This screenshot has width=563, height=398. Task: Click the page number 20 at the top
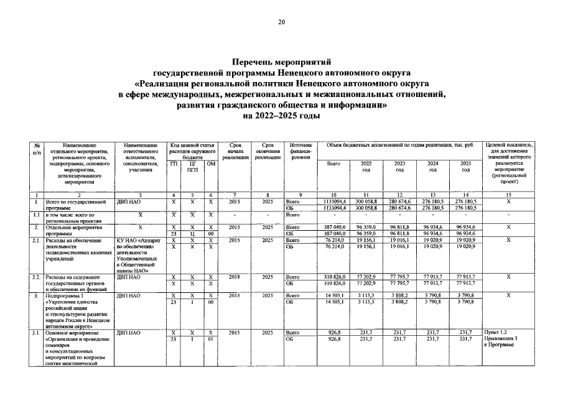tap(281, 23)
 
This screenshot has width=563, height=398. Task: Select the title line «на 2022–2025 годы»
tap(281, 115)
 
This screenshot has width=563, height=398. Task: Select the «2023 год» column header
tap(399, 167)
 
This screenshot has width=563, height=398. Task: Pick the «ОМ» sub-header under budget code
tap(211, 164)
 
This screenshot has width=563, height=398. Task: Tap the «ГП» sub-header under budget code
tap(174, 164)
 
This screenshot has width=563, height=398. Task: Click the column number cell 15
tap(508, 195)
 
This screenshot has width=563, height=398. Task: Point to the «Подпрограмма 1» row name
tap(67, 294)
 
